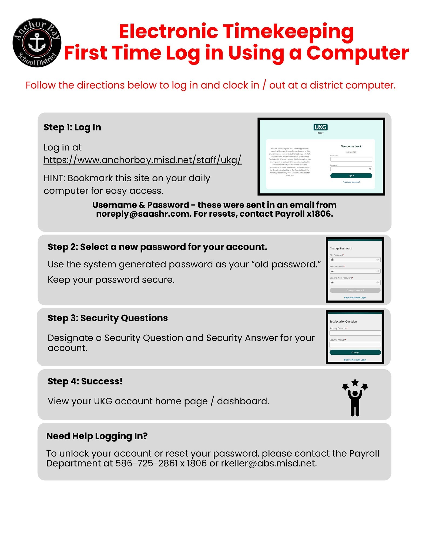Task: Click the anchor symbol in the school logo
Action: point(37,43)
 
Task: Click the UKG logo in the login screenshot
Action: point(320,127)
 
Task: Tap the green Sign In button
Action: point(351,176)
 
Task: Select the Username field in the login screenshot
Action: point(351,159)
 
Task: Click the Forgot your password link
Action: point(351,182)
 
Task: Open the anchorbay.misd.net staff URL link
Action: point(142,160)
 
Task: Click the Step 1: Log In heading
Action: point(72,127)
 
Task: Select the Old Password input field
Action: point(355,260)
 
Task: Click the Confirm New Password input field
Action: point(355,282)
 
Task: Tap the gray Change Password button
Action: point(355,290)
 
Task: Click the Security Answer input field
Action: point(355,344)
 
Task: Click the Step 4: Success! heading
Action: point(85,381)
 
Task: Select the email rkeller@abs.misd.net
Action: point(269,463)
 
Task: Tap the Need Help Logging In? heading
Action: point(97,436)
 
